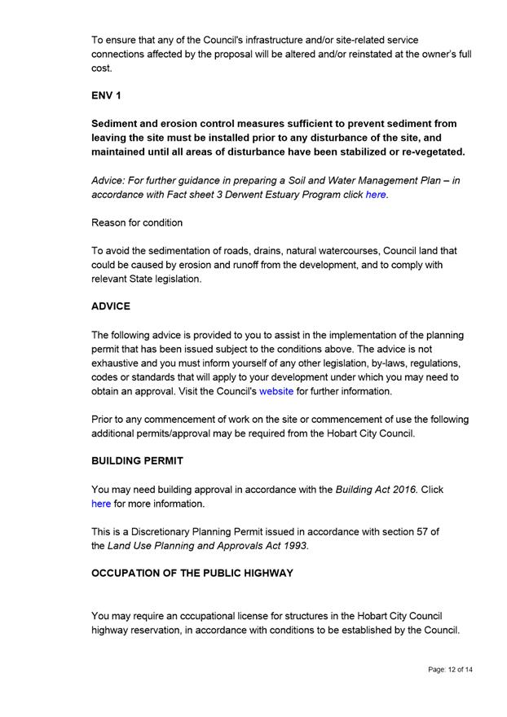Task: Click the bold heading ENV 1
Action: click(x=107, y=95)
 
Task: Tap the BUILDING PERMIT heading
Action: click(x=137, y=460)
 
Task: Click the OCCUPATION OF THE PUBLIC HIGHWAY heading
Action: click(x=192, y=573)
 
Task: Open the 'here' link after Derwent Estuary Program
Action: click(x=376, y=196)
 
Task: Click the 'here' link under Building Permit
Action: click(x=100, y=504)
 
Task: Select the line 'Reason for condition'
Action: click(x=137, y=222)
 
